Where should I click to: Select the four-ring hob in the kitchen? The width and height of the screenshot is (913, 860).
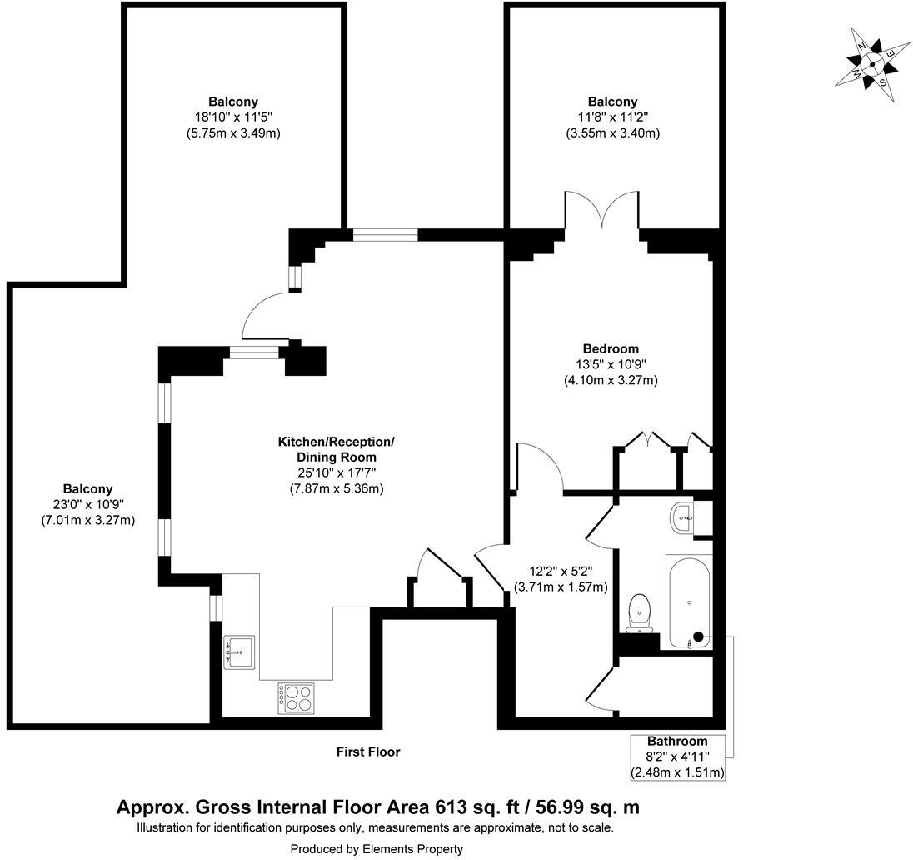pyautogui.click(x=296, y=697)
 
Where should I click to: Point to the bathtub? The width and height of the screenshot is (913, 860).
pyautogui.click(x=688, y=602)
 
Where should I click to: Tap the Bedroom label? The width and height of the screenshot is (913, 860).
pyautogui.click(x=611, y=348)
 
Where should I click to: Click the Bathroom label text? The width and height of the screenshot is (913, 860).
pyautogui.click(x=677, y=741)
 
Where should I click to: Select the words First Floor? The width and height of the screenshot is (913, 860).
pyautogui.click(x=368, y=752)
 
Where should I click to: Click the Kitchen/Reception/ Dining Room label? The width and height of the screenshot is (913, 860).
pyautogui.click(x=336, y=449)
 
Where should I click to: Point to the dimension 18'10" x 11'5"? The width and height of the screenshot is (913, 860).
pyautogui.click(x=233, y=117)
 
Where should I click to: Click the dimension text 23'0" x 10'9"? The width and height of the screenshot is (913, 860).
pyautogui.click(x=87, y=504)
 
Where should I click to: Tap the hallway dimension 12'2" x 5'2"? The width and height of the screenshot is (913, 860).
pyautogui.click(x=570, y=572)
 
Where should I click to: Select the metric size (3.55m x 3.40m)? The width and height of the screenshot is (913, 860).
pyautogui.click(x=612, y=132)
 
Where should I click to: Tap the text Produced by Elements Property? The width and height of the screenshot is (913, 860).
pyautogui.click(x=377, y=848)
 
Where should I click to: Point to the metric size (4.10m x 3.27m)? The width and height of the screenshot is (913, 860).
pyautogui.click(x=611, y=380)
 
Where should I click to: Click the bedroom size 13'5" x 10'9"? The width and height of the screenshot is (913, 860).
pyautogui.click(x=611, y=364)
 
